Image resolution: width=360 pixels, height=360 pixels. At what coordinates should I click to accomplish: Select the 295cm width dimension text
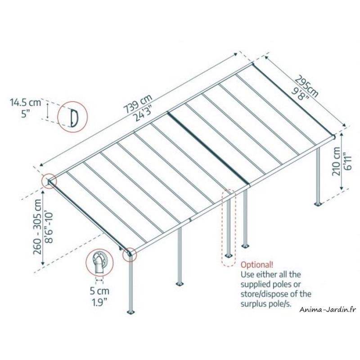[307, 86]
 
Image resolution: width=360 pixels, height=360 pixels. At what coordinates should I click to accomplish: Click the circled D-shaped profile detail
[71, 116]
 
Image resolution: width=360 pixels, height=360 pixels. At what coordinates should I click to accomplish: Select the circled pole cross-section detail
[99, 263]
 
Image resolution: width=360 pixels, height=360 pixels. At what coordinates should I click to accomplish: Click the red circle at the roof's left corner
[49, 181]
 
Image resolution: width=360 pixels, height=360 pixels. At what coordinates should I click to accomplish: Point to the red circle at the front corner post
[130, 254]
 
